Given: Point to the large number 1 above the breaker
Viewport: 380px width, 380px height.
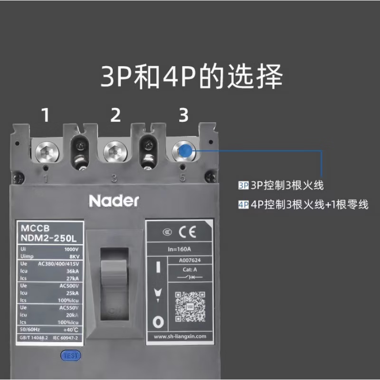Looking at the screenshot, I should [46, 115].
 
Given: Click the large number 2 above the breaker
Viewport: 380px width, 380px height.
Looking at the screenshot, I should [115, 115].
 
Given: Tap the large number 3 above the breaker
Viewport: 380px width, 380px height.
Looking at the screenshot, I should [184, 115].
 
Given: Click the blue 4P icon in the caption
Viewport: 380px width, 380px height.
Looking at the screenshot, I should [244, 205].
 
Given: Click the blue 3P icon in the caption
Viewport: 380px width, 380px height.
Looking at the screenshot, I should [244, 184].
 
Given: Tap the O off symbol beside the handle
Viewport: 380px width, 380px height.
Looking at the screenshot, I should [158, 323].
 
